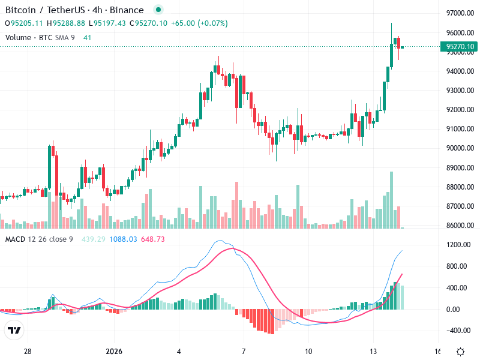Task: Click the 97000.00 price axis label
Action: point(460,13)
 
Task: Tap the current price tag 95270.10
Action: point(460,47)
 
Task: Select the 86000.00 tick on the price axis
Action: point(460,226)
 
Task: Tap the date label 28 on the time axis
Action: point(28,351)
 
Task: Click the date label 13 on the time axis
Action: point(373,351)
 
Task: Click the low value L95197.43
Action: point(107,23)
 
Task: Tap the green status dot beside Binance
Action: point(158,10)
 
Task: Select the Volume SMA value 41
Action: point(88,38)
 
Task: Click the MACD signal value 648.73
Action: point(152,239)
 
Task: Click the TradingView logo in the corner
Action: point(14,330)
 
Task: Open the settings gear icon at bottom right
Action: point(460,352)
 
